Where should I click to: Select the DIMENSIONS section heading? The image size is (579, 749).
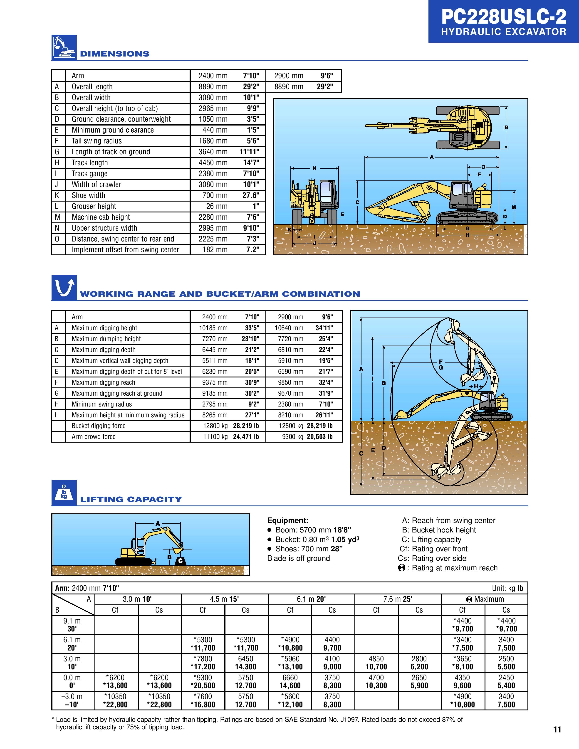[115, 54]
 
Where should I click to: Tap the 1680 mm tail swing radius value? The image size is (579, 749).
[213, 141]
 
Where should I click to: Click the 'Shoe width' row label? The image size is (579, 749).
[88, 195]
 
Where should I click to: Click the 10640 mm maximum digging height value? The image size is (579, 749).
[289, 328]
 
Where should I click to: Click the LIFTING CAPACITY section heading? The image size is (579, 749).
[131, 499]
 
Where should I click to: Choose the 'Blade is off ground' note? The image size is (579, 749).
[298, 558]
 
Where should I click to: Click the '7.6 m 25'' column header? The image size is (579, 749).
[398, 599]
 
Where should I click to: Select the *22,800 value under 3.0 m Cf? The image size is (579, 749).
[115, 705]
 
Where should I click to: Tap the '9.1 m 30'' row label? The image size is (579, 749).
[72, 625]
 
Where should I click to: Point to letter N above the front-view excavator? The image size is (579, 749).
[314, 168]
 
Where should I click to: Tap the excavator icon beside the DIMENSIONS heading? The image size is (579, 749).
[64, 47]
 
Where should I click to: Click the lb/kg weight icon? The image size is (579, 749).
[64, 493]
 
